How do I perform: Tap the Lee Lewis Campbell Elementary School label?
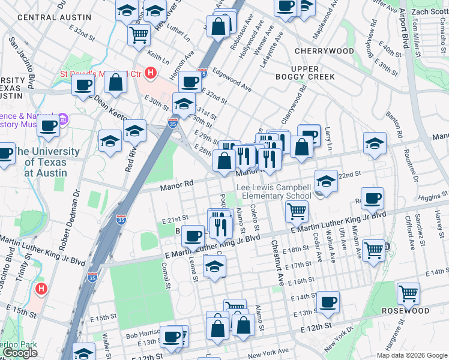(274, 191)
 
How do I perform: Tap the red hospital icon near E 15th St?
(41, 289)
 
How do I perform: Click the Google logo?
(20, 353)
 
